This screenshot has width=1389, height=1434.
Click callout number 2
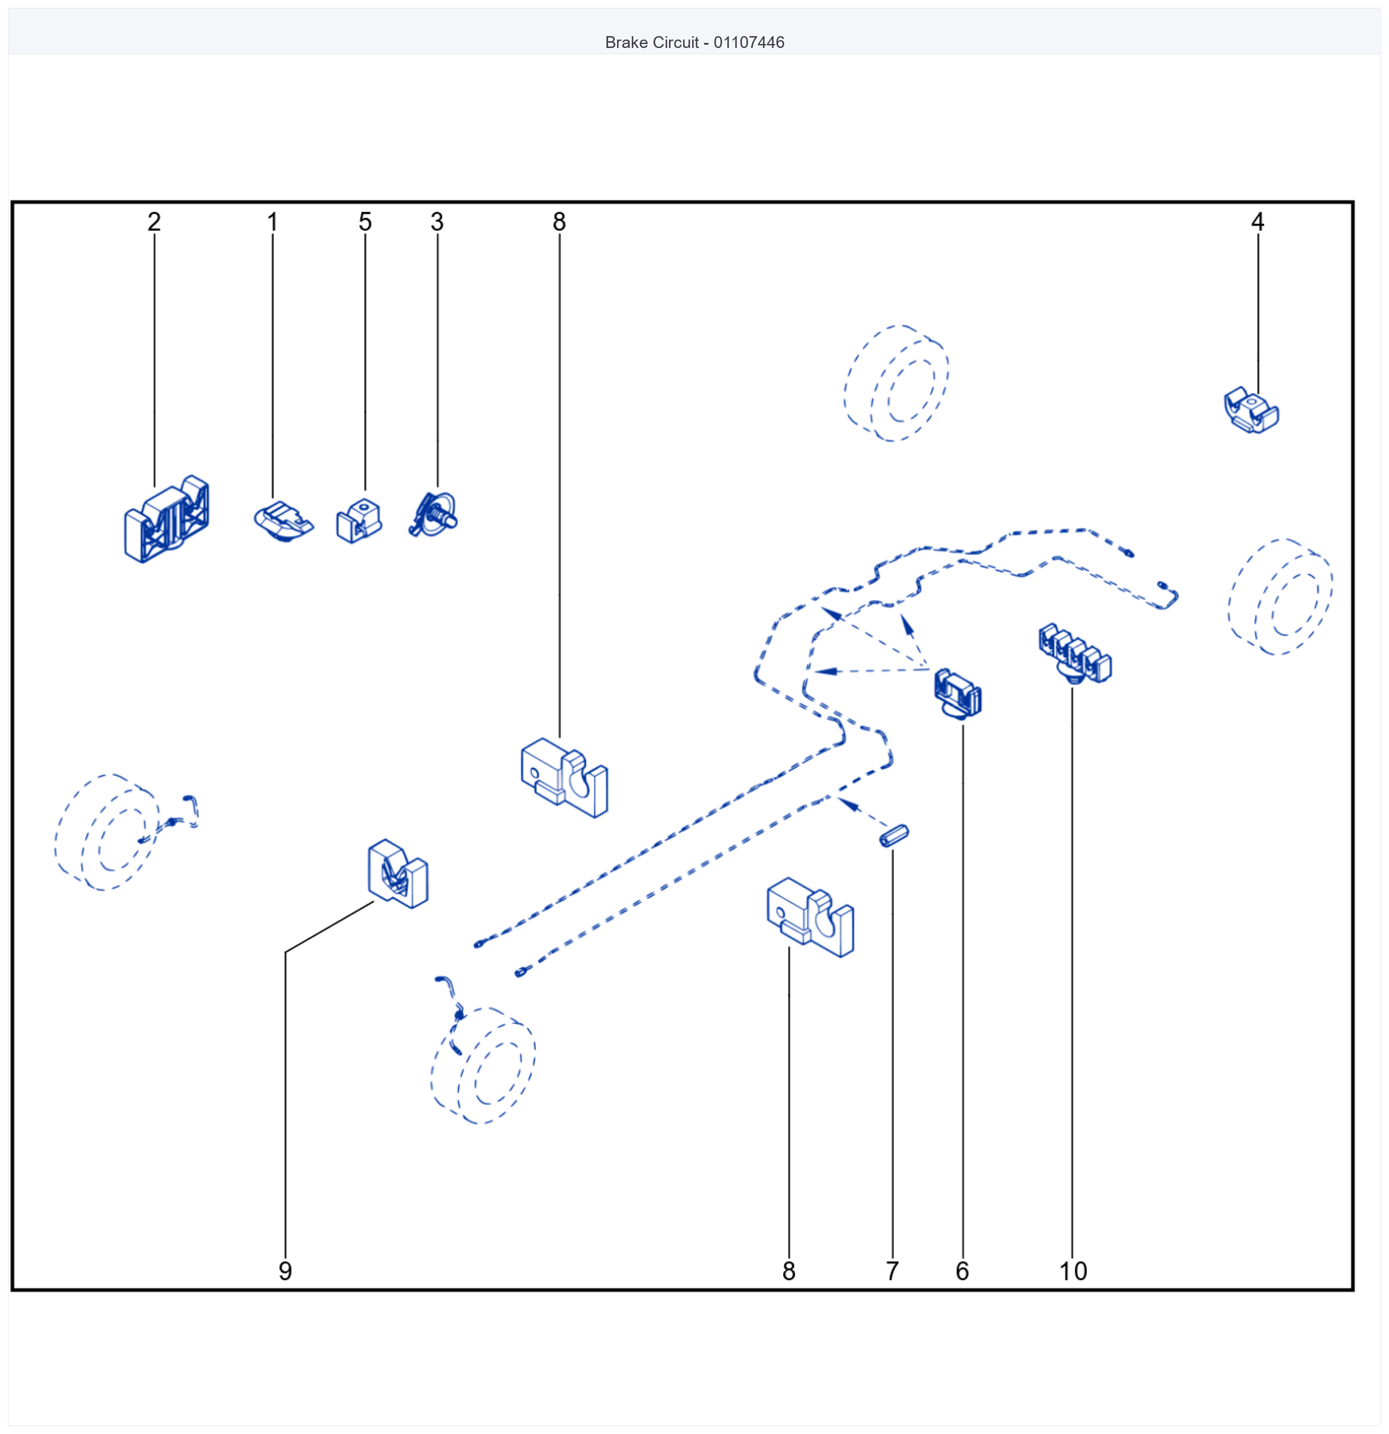click(154, 222)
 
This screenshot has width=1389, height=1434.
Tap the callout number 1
click(272, 222)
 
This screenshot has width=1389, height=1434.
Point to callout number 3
click(437, 222)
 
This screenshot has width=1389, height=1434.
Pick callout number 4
click(1257, 222)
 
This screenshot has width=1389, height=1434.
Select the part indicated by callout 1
click(284, 521)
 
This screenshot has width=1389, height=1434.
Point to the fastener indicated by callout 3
click(433, 514)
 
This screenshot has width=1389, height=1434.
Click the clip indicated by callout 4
click(1251, 410)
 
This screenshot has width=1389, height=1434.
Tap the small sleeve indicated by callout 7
click(894, 836)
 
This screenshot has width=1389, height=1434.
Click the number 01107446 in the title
click(749, 42)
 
